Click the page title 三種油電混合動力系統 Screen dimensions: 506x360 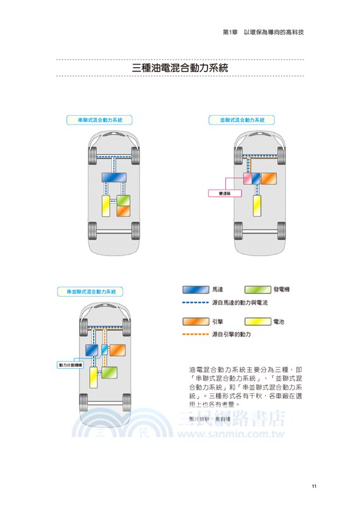pyautogui.click(x=180, y=68)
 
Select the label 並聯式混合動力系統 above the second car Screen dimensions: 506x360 pyautogui.click(x=237, y=119)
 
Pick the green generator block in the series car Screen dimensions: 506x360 pyautogui.click(x=123, y=201)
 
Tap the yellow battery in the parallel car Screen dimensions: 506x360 pyautogui.click(x=257, y=205)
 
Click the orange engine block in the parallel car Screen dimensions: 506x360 pyautogui.click(x=269, y=178)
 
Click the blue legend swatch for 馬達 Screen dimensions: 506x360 pyautogui.click(x=196, y=289)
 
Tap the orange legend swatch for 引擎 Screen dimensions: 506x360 pyautogui.click(x=196, y=322)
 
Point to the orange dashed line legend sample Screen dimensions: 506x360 pyautogui.click(x=195, y=334)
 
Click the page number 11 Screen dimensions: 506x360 pyautogui.click(x=314, y=486)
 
